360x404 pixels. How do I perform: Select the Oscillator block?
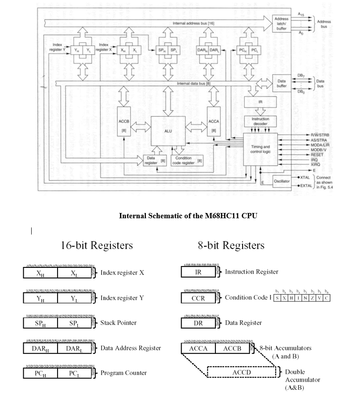[281, 181]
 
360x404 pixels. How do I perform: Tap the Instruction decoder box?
[260, 121]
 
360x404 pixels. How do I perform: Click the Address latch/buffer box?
[281, 24]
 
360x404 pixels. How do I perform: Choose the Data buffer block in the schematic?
[282, 83]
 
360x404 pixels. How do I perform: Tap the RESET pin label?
[316, 155]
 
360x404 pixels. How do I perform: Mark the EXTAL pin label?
[306, 186]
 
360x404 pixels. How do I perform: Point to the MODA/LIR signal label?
[320, 144]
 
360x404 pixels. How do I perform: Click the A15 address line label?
[301, 14]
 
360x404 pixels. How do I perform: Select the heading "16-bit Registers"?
[97, 245]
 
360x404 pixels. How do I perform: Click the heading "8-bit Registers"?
[231, 245]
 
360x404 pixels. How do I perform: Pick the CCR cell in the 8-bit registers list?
[198, 298]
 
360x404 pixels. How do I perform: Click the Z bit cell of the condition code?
[313, 298]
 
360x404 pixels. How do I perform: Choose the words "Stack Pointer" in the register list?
[118, 323]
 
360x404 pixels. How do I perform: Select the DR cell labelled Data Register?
[198, 323]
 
